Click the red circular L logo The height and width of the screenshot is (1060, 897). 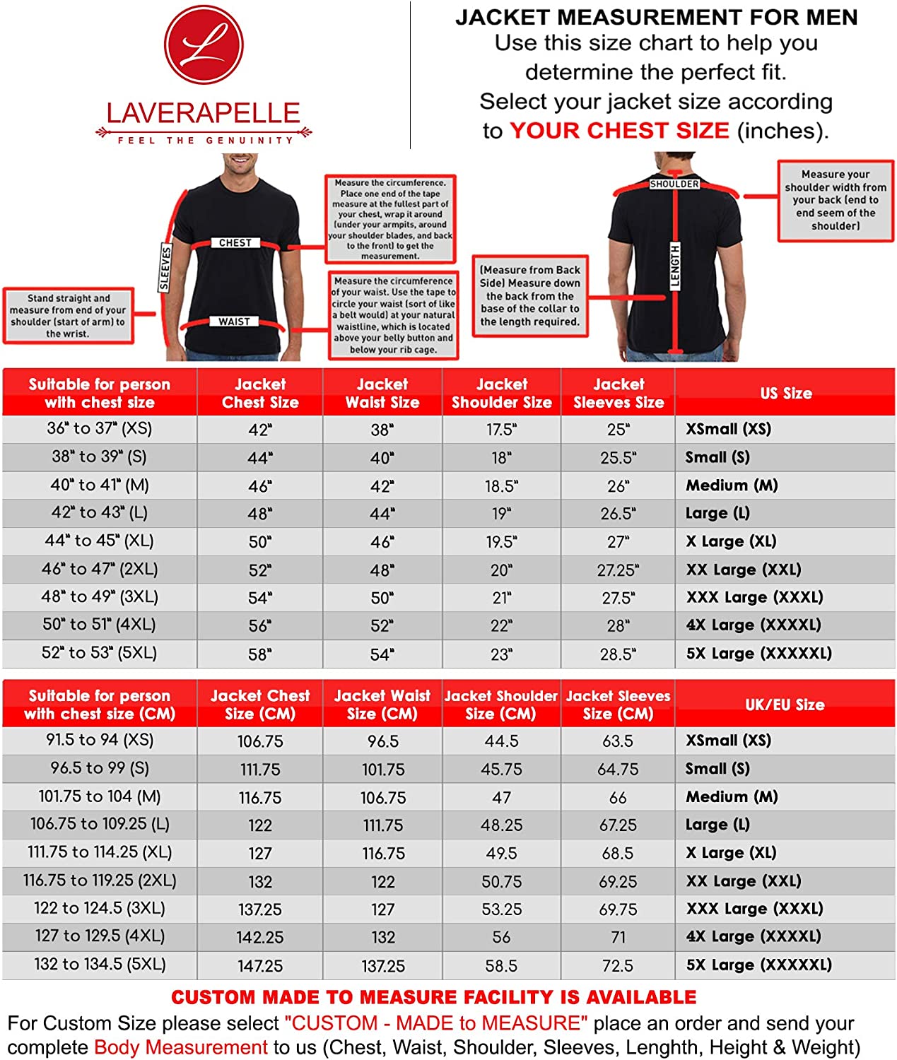click(204, 45)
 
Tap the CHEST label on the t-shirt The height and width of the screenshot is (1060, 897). click(235, 242)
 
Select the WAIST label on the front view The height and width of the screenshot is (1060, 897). click(234, 322)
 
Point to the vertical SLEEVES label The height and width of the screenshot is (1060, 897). click(165, 268)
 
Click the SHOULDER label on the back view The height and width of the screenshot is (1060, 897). click(674, 184)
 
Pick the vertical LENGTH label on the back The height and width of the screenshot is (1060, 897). click(675, 266)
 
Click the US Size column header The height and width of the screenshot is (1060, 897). click(785, 393)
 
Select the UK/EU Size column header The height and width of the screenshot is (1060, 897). click(785, 705)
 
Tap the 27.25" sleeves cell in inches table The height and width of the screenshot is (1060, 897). click(618, 570)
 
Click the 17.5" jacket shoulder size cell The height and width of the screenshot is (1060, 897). click(501, 429)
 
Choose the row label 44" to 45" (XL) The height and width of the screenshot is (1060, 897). click(99, 541)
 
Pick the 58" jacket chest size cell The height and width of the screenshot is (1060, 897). click(259, 654)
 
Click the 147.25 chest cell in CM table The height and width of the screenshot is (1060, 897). click(260, 965)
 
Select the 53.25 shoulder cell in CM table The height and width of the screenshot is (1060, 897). click(501, 909)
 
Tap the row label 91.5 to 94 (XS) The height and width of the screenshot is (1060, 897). click(99, 740)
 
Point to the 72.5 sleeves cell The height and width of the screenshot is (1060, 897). click(618, 965)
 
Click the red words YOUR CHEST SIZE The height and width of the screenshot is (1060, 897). click(619, 131)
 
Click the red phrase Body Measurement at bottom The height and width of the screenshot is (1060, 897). click(180, 1047)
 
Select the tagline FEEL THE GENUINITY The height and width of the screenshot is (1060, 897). click(205, 141)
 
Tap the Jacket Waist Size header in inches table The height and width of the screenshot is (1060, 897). click(382, 393)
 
